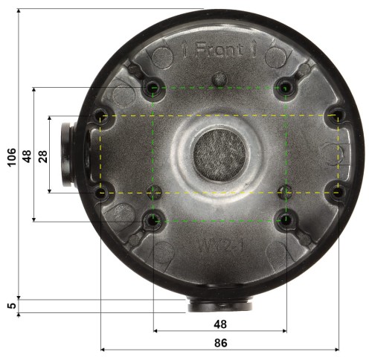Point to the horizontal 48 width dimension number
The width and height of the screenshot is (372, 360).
219,324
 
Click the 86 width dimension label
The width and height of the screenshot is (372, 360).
219,343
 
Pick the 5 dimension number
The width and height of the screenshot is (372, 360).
12,305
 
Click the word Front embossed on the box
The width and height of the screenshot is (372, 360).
219,51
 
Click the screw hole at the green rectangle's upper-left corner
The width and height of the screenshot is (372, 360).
153,88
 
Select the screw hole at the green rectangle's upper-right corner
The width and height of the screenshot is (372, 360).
286,88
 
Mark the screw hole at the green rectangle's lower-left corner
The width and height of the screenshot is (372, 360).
153,220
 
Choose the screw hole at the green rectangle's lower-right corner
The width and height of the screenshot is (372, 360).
286,220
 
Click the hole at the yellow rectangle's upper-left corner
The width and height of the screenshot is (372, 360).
101,115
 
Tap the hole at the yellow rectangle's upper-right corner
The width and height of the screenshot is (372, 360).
338,115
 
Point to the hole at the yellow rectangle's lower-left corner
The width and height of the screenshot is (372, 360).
101,193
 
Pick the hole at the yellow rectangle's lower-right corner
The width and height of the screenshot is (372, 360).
338,193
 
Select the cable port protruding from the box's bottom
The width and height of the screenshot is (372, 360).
219,303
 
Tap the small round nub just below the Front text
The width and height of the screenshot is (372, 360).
219,78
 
